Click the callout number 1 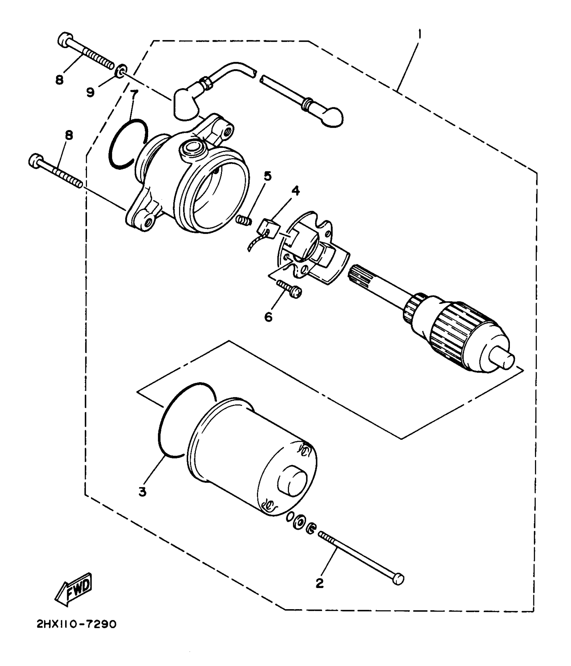coord(420,34)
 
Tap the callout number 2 coord(319,583)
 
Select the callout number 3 coord(142,492)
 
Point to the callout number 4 coord(295,191)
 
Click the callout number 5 coord(268,176)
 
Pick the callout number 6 coord(268,317)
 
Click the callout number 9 coord(90,92)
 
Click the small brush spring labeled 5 coord(244,221)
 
